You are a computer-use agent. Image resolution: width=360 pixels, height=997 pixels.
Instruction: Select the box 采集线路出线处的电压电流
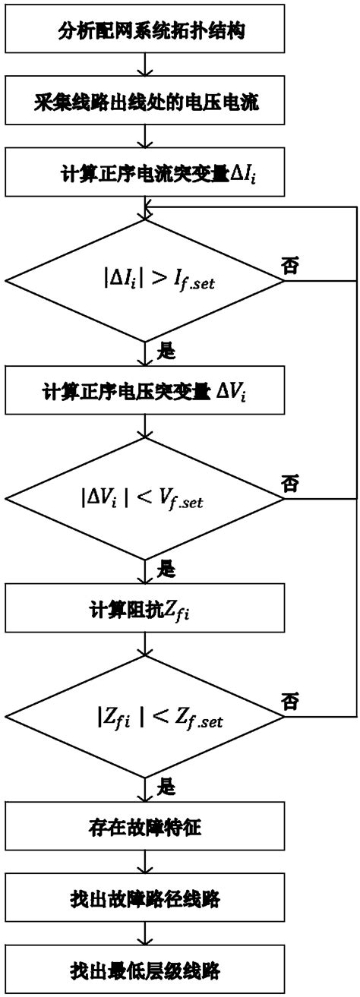(144, 102)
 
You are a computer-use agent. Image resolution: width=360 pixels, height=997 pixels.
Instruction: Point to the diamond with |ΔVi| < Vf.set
(144, 500)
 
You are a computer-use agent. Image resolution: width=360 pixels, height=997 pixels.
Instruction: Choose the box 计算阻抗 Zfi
(144, 609)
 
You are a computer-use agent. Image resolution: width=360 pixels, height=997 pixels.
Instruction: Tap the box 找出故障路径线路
(144, 898)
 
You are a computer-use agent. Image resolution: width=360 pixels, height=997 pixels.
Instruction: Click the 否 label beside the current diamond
(289, 266)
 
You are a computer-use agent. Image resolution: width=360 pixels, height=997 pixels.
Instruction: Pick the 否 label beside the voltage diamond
(289, 483)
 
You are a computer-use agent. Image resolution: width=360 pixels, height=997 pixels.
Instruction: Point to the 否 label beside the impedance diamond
(289, 699)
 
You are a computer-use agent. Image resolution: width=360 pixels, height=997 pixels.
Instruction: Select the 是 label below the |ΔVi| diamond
(165, 568)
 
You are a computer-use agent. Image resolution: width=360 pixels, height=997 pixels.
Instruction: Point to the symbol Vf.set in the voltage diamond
(185, 501)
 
